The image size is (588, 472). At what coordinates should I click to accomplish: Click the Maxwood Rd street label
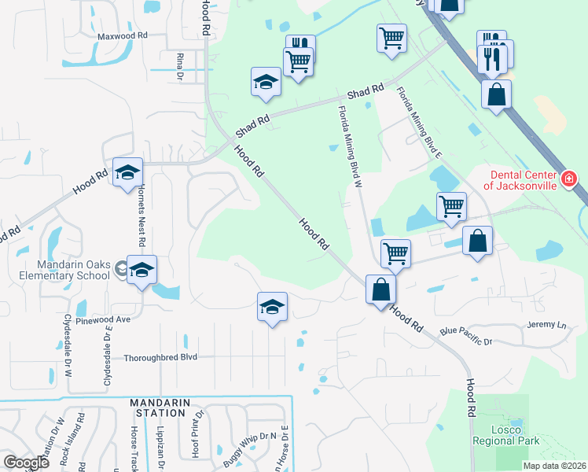tap(123, 36)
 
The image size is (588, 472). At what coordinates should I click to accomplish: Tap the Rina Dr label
tap(180, 66)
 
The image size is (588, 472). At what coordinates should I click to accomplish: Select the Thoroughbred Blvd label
tap(160, 357)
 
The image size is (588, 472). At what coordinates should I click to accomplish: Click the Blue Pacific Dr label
tap(465, 337)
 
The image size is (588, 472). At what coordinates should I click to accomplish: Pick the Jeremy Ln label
tap(546, 325)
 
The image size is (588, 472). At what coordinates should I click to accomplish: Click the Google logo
tap(27, 462)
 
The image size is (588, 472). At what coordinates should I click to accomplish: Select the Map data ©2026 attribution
tap(554, 466)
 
